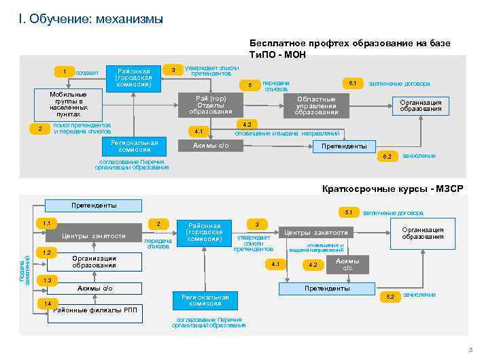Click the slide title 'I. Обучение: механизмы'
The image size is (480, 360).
[91, 18]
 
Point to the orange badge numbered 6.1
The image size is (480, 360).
[352, 82]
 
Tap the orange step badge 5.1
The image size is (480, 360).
[347, 212]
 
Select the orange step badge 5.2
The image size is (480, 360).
[390, 297]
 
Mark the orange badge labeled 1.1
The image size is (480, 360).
[46, 223]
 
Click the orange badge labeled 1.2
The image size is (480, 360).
[46, 252]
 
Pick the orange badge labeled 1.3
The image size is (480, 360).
[46, 280]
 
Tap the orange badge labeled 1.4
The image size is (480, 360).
[46, 302]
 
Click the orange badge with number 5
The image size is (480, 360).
[250, 86]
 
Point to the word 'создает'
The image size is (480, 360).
[88, 73]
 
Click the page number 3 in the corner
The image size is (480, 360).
[470, 350]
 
